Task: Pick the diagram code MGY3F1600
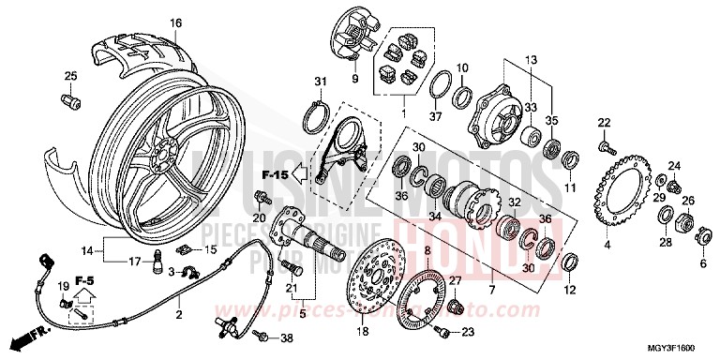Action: [x=679, y=348]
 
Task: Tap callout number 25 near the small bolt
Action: [x=68, y=76]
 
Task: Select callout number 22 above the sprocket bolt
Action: [x=604, y=123]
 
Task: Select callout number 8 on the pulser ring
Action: [x=427, y=252]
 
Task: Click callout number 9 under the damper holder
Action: [x=356, y=80]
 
